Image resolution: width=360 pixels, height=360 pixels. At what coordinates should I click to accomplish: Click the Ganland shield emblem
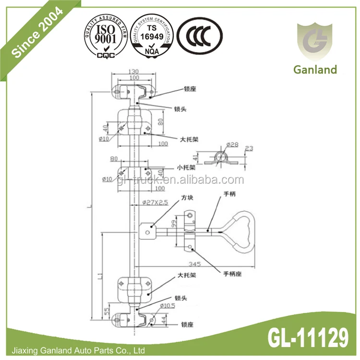point(314,41)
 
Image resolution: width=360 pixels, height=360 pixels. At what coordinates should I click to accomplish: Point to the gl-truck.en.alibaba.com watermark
point(181,180)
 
